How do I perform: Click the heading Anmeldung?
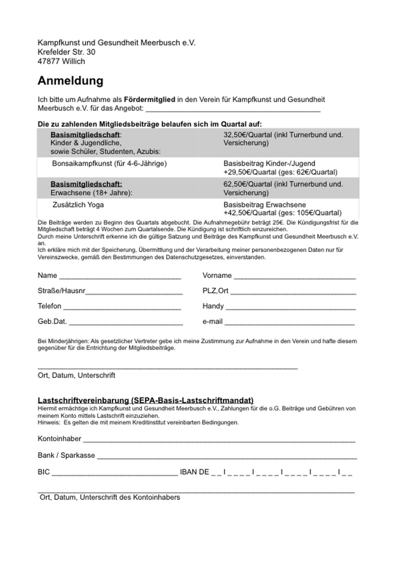71,81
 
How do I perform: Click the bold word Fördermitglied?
149,99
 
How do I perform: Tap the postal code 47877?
49,61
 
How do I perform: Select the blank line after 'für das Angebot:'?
233,109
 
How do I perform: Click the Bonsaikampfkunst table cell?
109,164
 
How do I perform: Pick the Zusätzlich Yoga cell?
78,205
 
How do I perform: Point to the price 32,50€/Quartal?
248,135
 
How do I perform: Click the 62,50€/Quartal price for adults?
248,184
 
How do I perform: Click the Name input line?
120,277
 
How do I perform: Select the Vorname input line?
295,277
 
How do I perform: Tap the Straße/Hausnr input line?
134,292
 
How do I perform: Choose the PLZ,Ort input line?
293,292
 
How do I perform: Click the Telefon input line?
122,307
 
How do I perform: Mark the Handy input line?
291,307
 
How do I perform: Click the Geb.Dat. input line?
126,322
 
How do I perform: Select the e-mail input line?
290,322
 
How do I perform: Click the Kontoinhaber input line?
219,440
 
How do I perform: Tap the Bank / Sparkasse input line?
227,456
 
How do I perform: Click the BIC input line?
115,473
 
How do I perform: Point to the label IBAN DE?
194,472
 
